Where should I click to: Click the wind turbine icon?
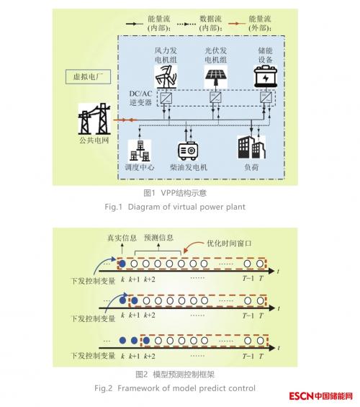166,77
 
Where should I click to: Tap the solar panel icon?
216,76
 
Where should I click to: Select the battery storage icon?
266,76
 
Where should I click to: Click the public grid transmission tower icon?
94,119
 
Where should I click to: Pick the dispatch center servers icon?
140,151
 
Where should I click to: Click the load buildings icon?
251,148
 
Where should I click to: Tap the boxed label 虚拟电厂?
88,77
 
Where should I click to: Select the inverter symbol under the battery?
266,98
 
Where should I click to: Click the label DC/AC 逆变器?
141,98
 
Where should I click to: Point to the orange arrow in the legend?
237,24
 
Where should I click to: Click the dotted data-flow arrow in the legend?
186,24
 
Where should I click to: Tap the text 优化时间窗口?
229,243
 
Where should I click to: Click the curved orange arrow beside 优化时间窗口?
192,246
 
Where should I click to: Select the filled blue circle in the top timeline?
122,264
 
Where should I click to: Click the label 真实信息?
122,238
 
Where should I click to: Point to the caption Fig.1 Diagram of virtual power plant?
175,207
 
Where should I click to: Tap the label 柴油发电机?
189,167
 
